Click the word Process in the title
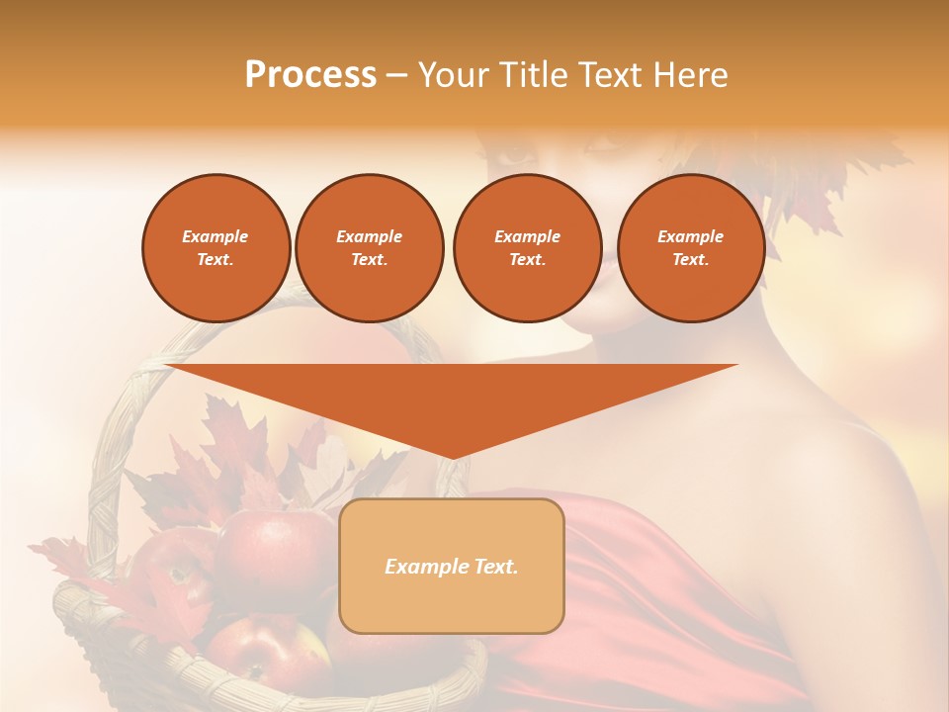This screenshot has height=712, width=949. pyautogui.click(x=310, y=75)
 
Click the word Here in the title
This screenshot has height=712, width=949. pyautogui.click(x=689, y=75)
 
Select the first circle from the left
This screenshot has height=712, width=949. pyautogui.click(x=216, y=247)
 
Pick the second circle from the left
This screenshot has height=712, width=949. pyautogui.click(x=370, y=247)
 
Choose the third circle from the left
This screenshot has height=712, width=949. pyautogui.click(x=527, y=247)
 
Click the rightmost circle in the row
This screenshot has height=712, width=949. pyautogui.click(x=691, y=247)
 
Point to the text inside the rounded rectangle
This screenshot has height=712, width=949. pyautogui.click(x=452, y=567)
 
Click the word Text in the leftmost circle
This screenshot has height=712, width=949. pyautogui.click(x=215, y=260)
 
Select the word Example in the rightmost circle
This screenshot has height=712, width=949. pyautogui.click(x=690, y=236)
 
